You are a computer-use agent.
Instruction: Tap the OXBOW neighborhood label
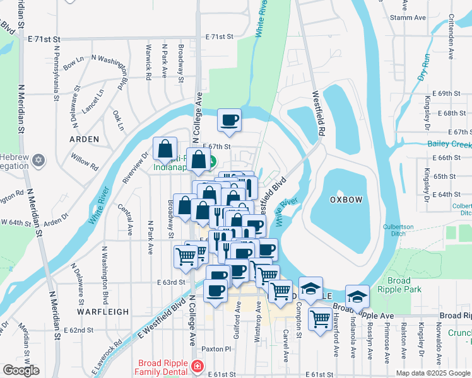click(346, 199)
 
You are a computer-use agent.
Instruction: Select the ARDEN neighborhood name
click(85, 139)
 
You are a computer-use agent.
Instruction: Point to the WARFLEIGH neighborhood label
click(103, 311)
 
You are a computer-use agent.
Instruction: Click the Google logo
click(21, 370)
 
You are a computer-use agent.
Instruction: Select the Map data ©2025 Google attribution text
click(432, 373)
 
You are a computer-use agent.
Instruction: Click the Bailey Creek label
click(449, 145)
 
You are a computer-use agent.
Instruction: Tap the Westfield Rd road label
click(318, 114)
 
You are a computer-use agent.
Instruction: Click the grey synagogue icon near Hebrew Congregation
click(39, 160)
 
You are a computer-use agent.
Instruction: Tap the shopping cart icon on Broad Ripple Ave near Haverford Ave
click(320, 319)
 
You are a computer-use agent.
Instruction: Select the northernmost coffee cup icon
click(229, 119)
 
